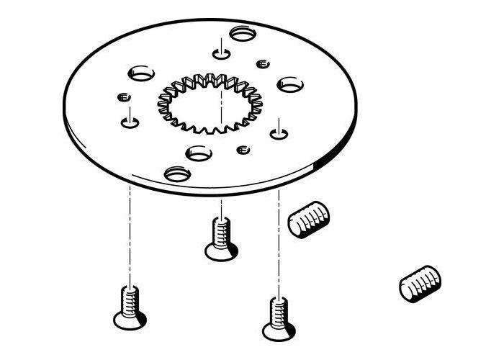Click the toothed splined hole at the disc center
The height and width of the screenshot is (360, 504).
tap(210, 104)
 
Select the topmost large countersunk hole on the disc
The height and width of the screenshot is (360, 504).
tap(243, 32)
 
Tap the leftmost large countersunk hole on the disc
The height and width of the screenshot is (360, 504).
tap(141, 73)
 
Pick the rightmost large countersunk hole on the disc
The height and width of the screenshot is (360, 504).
tap(290, 84)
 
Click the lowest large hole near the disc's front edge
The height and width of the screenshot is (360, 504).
tap(177, 174)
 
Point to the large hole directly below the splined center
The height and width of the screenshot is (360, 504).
tap(199, 153)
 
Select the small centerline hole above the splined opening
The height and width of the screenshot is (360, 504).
tap(221, 53)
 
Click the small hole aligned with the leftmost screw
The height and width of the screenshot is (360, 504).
tap(130, 122)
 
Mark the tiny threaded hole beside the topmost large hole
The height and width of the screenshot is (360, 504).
tap(263, 63)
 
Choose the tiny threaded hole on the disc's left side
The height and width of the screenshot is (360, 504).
tap(122, 96)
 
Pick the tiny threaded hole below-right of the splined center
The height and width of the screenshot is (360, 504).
tap(243, 150)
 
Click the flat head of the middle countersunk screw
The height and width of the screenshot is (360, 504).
tap(220, 251)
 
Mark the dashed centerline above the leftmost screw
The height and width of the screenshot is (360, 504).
tap(130, 230)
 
